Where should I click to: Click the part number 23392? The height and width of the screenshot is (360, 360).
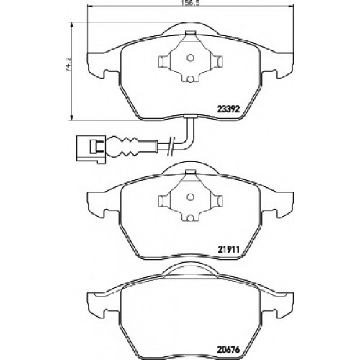pyautogui.click(x=228, y=109)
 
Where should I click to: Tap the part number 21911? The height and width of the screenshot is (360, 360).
pyautogui.click(x=228, y=250)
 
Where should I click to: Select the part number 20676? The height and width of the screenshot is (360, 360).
pyautogui.click(x=228, y=350)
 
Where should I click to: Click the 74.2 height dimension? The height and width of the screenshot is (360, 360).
pyautogui.click(x=68, y=65)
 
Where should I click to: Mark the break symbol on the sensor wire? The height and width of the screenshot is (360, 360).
pyautogui.click(x=171, y=145)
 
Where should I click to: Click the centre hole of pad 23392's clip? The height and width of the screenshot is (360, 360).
pyautogui.click(x=191, y=58)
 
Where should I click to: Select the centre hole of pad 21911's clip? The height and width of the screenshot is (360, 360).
pyautogui.click(x=191, y=197)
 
